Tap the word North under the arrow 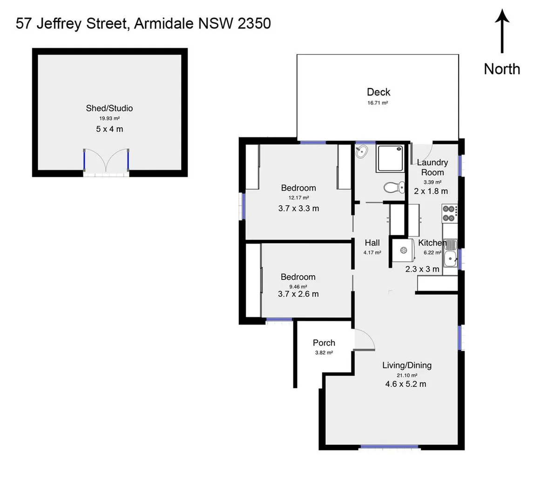point(501,69)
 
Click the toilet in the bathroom point(393,187)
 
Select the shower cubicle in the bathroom point(391,158)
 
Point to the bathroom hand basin point(361,151)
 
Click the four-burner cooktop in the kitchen point(449,213)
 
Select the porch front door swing point(364,339)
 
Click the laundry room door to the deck point(422,151)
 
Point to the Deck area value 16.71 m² point(378,103)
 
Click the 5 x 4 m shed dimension point(109,129)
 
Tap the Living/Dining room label point(406,365)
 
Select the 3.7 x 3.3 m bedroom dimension point(298,208)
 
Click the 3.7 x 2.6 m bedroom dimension point(298,294)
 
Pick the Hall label point(372,243)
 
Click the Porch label point(324,343)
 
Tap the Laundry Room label point(432,167)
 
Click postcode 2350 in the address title point(254,23)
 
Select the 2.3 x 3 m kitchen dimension point(422,269)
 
